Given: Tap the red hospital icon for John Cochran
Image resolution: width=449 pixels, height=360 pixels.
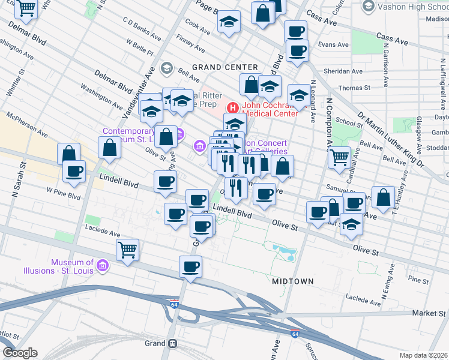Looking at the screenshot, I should [x=232, y=108].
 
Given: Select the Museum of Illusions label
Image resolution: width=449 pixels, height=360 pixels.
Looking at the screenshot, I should [x=72, y=266].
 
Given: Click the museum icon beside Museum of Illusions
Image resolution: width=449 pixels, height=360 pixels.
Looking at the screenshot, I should [x=102, y=265].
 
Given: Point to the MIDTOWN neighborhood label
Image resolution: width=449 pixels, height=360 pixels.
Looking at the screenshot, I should [x=294, y=281].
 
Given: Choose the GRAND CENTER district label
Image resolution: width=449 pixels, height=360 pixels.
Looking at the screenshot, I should [x=224, y=67].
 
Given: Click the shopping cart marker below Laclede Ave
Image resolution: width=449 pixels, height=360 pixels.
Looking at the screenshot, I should [x=127, y=249].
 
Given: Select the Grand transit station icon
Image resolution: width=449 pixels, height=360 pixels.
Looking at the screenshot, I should [x=172, y=343].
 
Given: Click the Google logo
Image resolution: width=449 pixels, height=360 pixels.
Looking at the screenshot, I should [x=20, y=353].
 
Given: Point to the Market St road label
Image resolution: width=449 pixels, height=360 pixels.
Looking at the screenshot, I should [x=430, y=314].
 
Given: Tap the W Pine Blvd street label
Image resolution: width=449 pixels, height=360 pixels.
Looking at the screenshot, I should [x=64, y=196].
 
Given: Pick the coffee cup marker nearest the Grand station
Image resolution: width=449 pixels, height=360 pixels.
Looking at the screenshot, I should [x=191, y=266].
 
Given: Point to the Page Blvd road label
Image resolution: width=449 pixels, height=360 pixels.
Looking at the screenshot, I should [x=209, y=8].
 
